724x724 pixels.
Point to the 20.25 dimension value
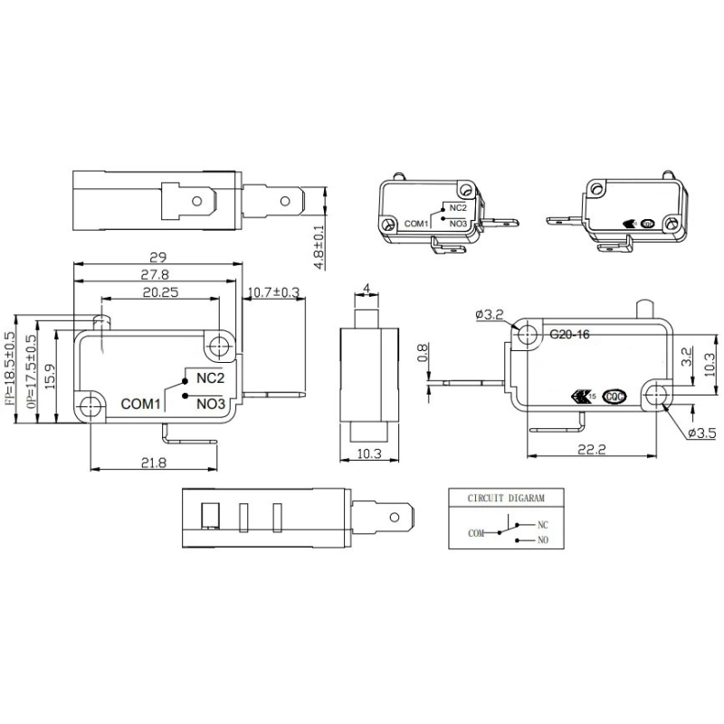(159, 291)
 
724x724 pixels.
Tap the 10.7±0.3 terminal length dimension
(274, 291)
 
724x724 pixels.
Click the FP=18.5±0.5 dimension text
(11, 370)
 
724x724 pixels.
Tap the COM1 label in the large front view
(141, 405)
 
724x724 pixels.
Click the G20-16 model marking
(569, 334)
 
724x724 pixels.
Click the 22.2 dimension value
(589, 450)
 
